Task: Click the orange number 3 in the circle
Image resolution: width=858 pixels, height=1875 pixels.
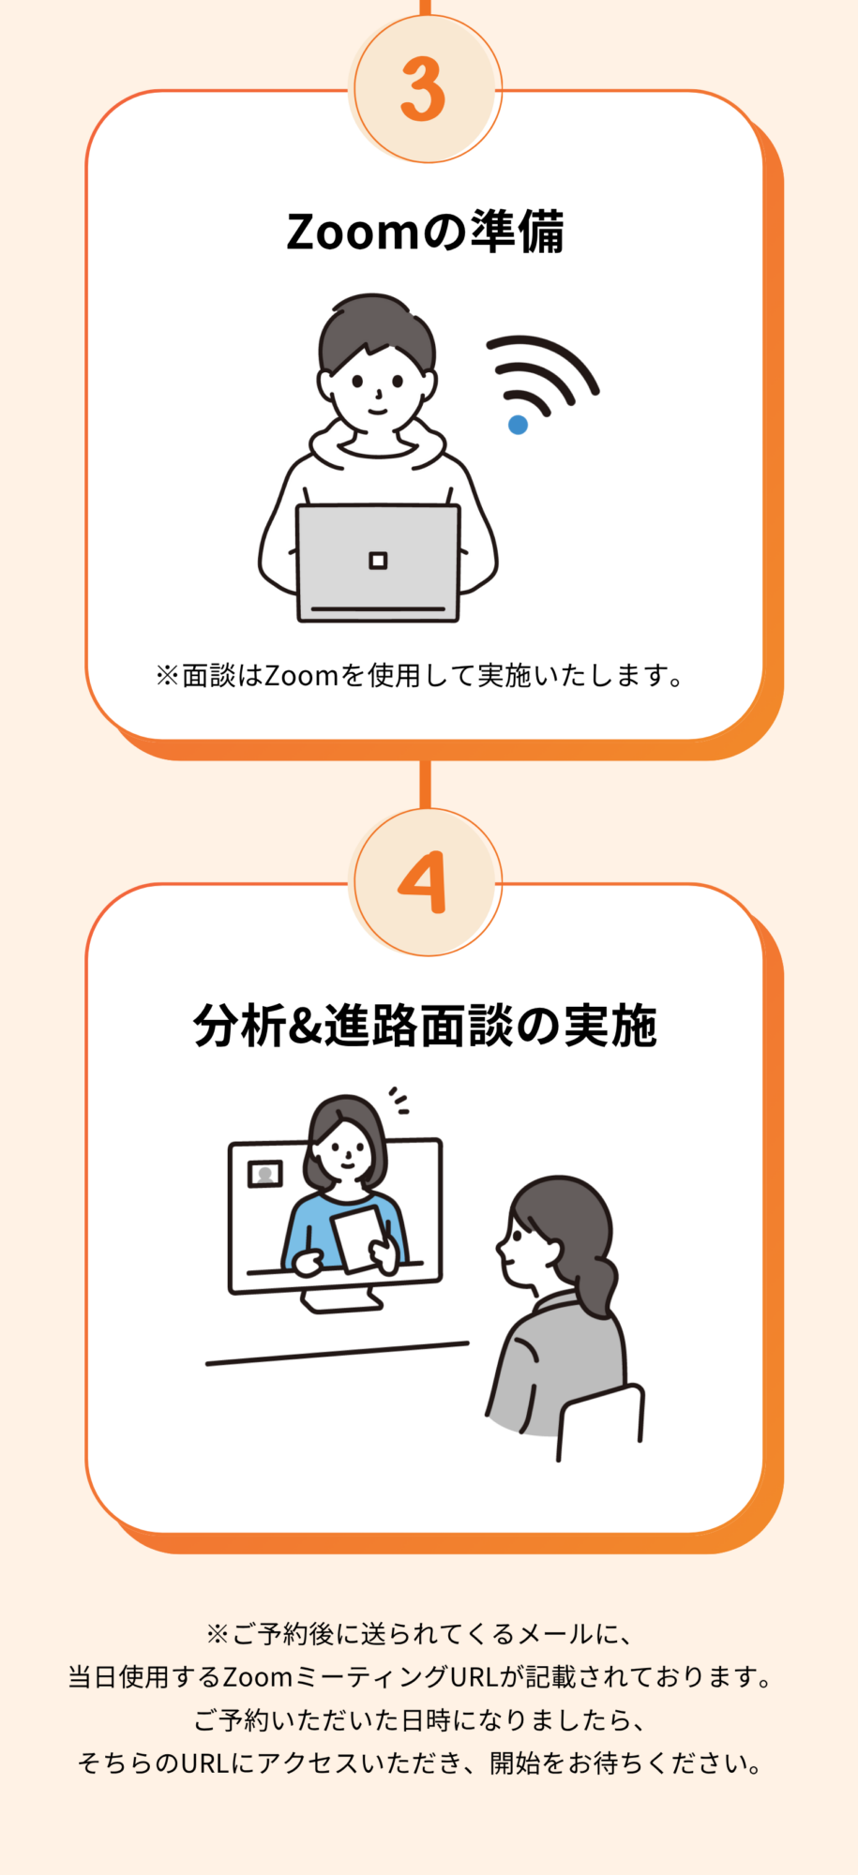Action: click(423, 89)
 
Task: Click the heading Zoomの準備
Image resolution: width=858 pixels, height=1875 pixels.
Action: click(425, 232)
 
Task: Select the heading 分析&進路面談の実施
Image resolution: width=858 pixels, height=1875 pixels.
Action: click(425, 1025)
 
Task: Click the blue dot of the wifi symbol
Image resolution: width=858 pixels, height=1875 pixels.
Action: click(518, 425)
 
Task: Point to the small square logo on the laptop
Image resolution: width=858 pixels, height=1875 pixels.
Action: click(378, 561)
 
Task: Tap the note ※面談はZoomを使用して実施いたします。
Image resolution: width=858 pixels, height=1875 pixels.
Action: click(421, 675)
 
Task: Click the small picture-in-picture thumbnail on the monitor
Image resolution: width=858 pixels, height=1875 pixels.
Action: click(265, 1174)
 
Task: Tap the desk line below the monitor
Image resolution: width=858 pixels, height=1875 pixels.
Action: click(337, 1353)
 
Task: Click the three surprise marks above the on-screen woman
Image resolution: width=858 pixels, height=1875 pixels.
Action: click(399, 1100)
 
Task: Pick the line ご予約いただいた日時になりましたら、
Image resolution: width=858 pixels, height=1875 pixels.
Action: click(420, 1720)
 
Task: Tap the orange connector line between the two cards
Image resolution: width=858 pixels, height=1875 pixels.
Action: click(425, 785)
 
